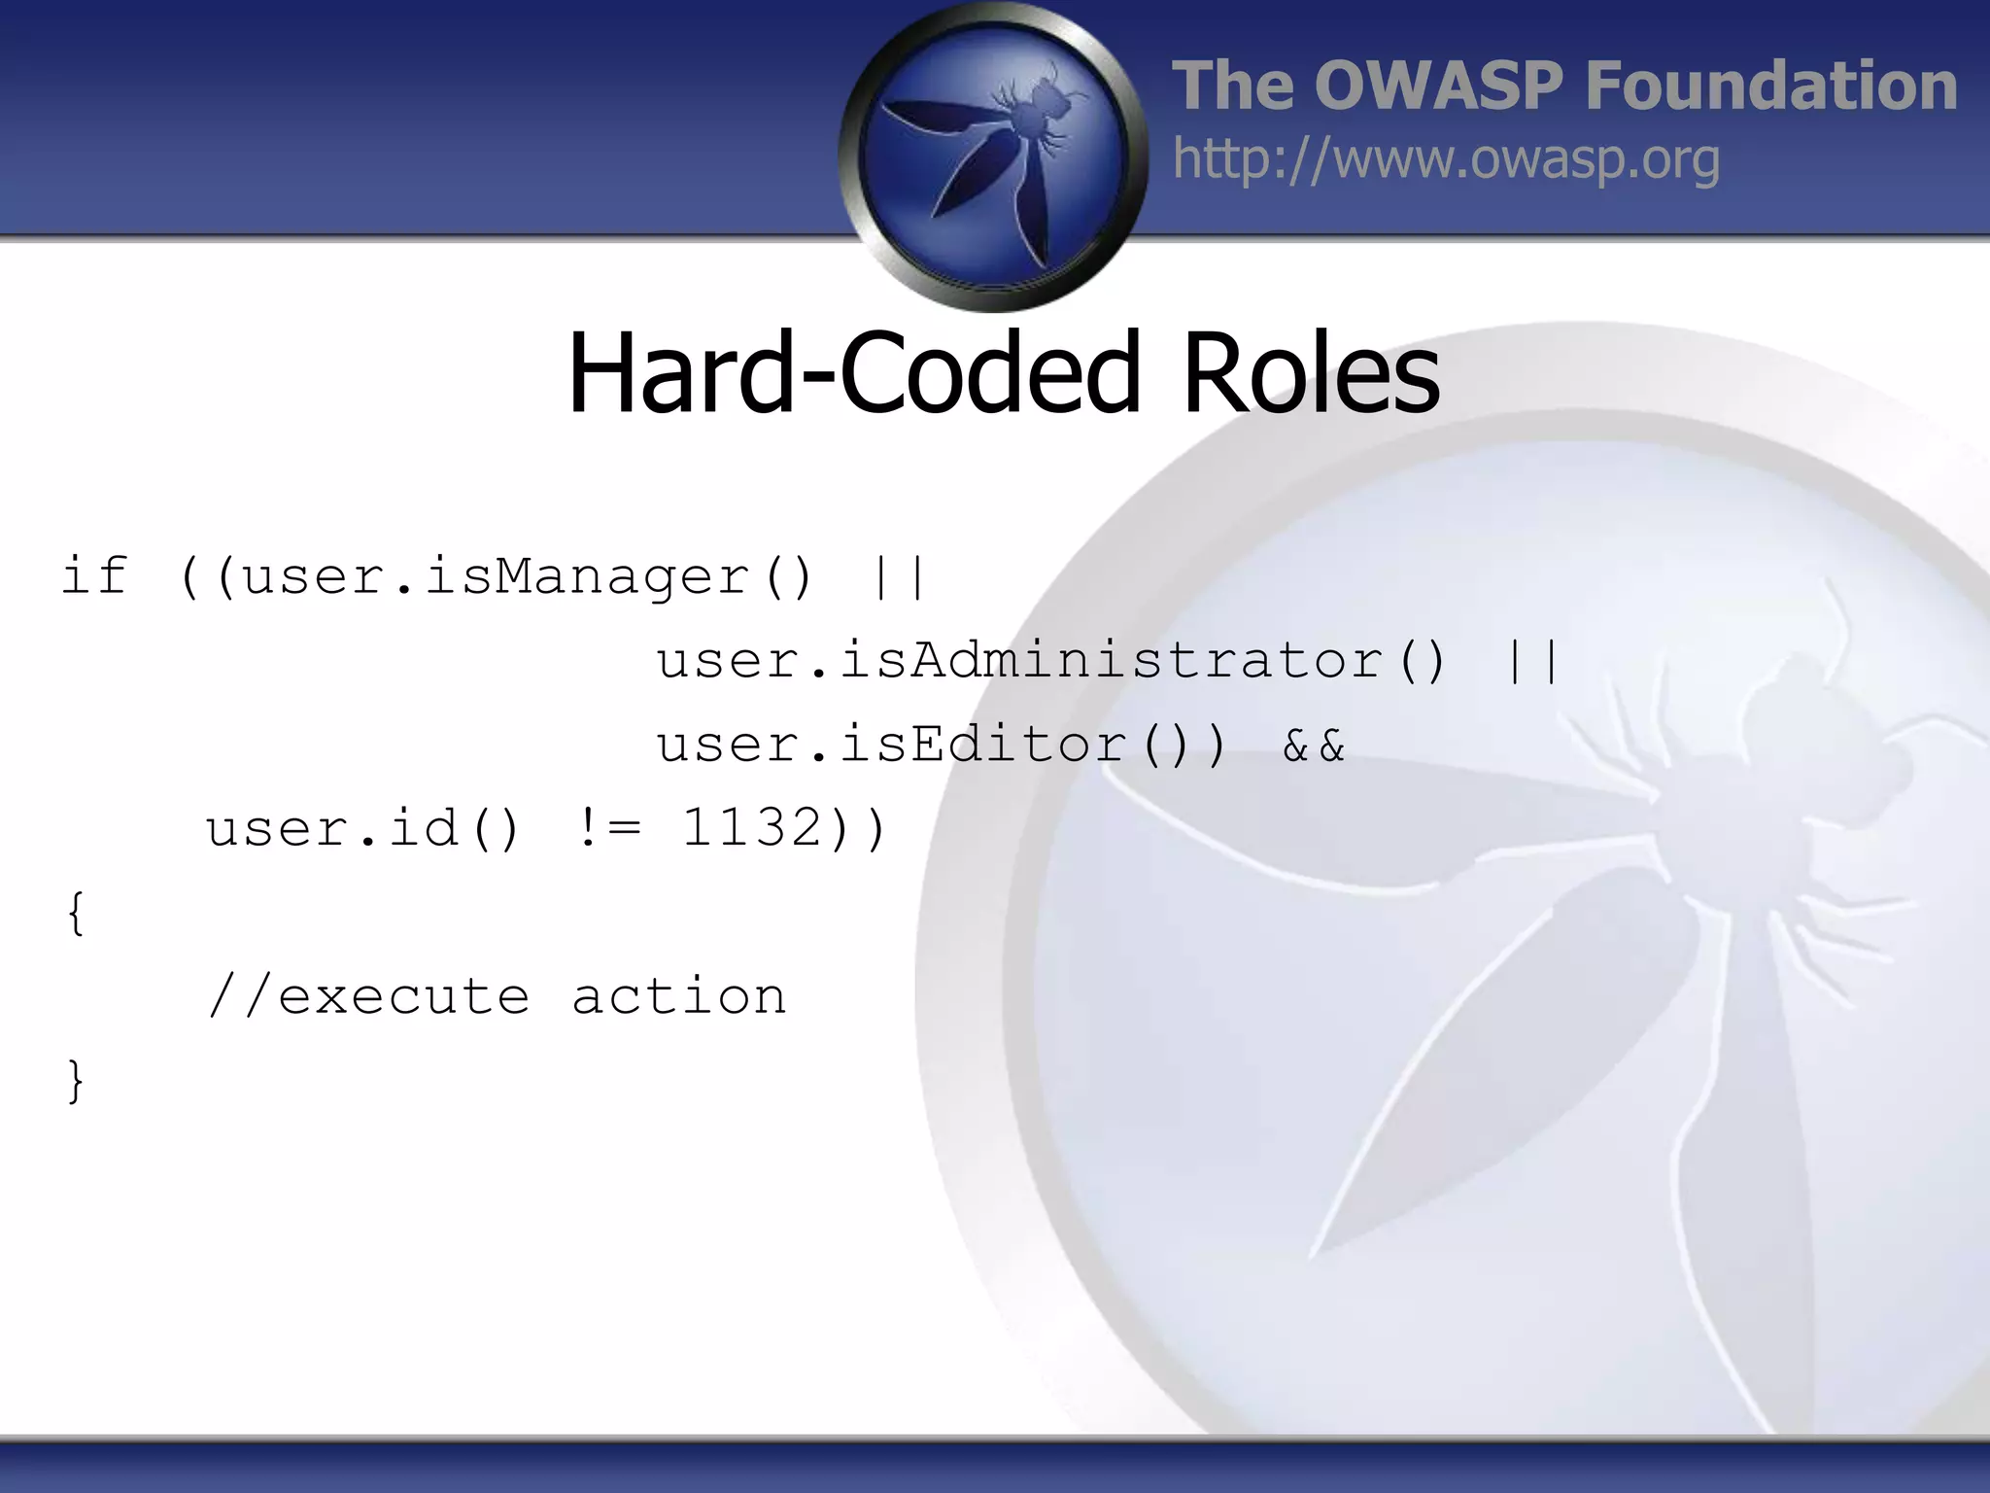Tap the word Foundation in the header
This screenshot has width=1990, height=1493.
(1770, 86)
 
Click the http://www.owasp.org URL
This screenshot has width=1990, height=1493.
(1446, 159)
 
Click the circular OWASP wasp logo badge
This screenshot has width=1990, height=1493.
(993, 156)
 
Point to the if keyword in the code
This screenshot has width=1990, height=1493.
(94, 575)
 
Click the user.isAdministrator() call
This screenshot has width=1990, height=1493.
(1052, 661)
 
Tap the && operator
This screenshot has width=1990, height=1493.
(1314, 746)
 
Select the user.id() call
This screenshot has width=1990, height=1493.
(362, 829)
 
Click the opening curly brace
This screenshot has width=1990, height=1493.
(76, 913)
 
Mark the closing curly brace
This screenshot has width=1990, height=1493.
(76, 1080)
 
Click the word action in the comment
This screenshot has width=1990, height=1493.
(678, 996)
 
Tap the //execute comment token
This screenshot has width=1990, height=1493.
(369, 996)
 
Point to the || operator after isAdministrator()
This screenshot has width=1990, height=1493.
(1531, 661)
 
